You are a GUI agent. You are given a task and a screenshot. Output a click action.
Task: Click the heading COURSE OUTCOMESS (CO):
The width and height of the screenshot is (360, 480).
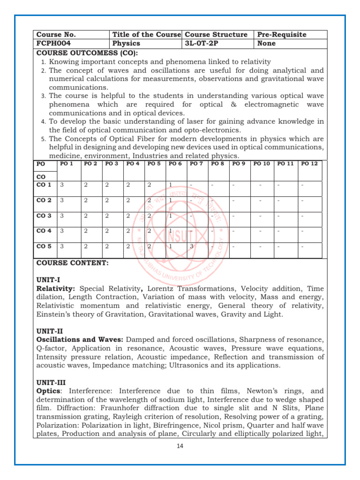point(87,52)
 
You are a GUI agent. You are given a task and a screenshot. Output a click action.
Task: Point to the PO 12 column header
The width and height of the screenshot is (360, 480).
point(309,164)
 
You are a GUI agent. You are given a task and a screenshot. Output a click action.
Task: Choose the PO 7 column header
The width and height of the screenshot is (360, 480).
point(196,164)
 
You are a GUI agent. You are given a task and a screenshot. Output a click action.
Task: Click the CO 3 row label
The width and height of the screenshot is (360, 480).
point(44,216)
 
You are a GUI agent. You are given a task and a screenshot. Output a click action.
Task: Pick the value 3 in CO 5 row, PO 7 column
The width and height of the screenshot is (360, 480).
point(191,246)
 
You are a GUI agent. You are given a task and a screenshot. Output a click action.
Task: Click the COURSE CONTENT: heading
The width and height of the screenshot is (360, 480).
point(72,263)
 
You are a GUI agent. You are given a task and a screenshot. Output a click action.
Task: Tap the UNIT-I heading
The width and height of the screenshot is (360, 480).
point(46,280)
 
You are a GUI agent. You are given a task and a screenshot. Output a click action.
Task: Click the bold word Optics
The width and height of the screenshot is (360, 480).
point(47,390)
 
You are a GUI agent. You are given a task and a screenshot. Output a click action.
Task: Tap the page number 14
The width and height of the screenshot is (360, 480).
point(180,446)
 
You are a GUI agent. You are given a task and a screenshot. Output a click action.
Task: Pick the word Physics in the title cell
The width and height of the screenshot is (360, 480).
point(127,44)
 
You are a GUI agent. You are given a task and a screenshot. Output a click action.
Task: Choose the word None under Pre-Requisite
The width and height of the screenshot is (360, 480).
point(266,44)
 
